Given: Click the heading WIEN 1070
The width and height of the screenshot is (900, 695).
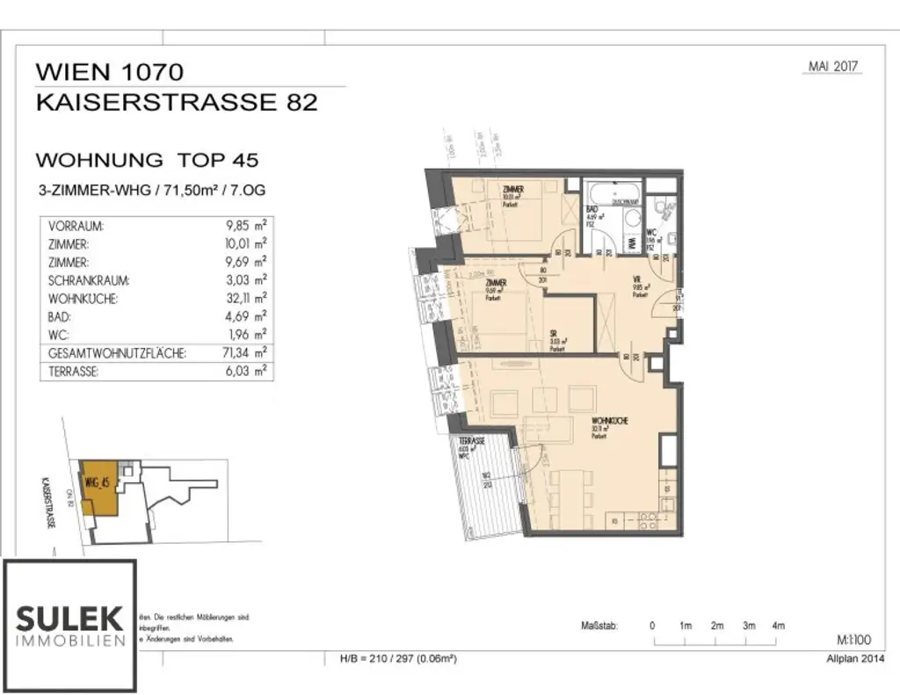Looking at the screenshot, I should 110,71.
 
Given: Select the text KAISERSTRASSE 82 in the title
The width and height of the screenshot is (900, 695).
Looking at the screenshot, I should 176,102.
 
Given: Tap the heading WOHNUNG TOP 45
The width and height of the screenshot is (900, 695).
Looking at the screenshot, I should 146,160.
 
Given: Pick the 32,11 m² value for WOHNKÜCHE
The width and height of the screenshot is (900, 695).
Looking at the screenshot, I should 247,299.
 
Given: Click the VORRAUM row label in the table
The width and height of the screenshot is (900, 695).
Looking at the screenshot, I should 77,226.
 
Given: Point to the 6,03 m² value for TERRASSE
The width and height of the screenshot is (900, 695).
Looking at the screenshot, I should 247,372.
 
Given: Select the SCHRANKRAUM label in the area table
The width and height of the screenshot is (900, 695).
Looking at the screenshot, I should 90,281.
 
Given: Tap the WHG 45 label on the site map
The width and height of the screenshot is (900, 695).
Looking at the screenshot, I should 97,481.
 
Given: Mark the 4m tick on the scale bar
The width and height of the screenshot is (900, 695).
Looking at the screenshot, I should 778,626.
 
